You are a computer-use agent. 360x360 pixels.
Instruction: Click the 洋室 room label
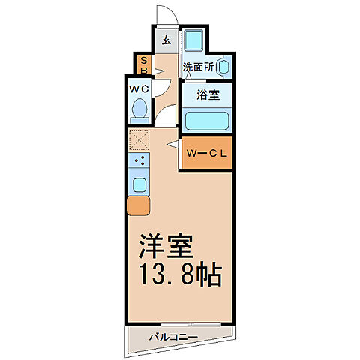(166, 246)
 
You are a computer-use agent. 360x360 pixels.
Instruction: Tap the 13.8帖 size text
(178, 276)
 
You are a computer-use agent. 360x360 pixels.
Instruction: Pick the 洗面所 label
(198, 66)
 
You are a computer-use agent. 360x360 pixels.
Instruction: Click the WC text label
(139, 89)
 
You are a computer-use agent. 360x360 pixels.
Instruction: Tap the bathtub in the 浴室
(207, 120)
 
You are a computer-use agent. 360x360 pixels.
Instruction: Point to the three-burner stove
(139, 160)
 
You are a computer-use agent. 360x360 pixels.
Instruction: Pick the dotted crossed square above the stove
(139, 139)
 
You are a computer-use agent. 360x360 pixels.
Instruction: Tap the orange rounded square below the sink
(139, 205)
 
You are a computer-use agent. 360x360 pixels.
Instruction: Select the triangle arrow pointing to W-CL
(172, 143)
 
